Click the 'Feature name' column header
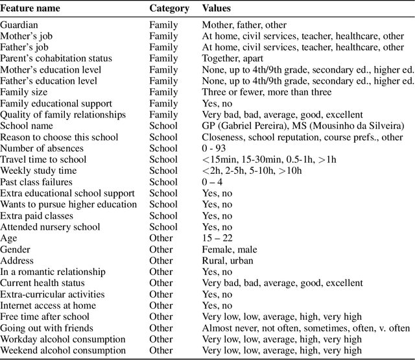coord(30,9)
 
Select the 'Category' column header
coord(169,9)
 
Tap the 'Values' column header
coord(217,9)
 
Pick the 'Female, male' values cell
coord(230,249)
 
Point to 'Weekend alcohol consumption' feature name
coord(63,350)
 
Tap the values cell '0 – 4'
coord(215,182)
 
